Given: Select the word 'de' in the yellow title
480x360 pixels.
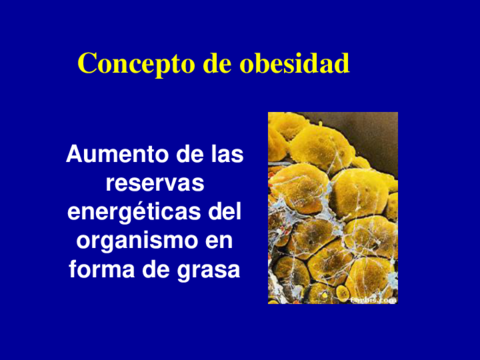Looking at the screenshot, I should point(216,64).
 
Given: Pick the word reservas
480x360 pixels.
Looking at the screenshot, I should point(154,184).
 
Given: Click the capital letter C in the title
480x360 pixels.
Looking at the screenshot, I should point(87,64).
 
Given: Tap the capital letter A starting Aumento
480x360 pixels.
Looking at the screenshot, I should point(73,155).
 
